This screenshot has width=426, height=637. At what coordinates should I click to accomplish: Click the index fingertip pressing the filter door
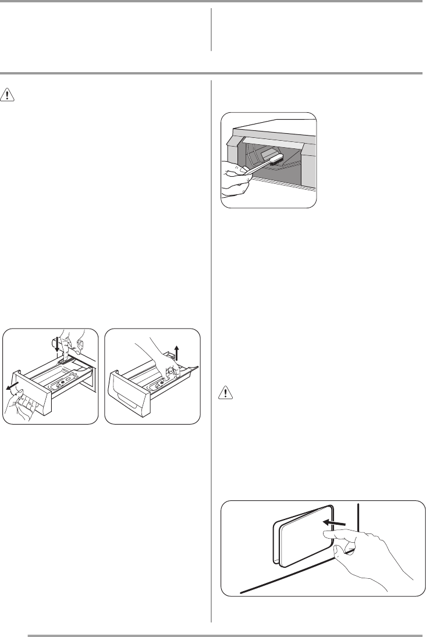point(322,541)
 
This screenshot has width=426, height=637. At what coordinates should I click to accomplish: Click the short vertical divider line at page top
point(211,30)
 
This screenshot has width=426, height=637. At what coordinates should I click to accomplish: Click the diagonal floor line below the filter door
point(291,585)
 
